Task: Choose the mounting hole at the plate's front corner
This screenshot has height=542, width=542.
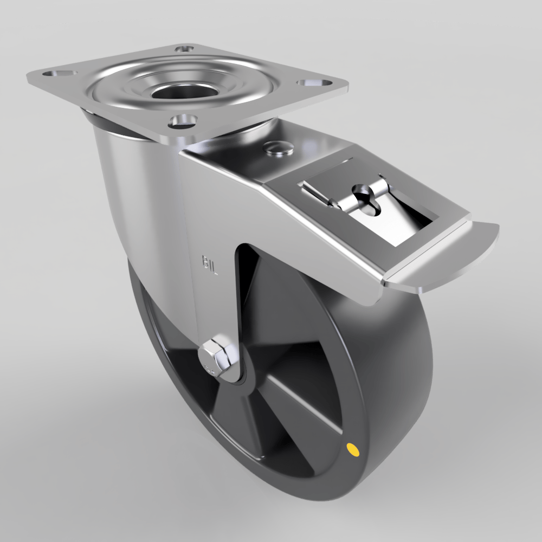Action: pyautogui.click(x=182, y=120)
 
